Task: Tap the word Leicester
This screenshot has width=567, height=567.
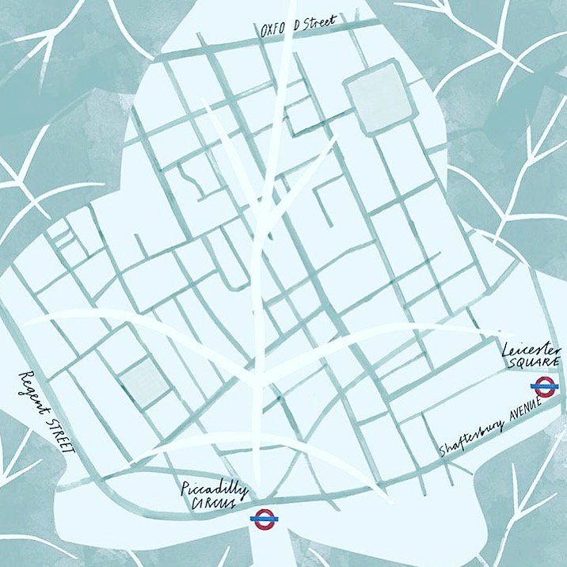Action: coord(531,350)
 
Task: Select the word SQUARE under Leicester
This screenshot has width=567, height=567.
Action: coord(535,363)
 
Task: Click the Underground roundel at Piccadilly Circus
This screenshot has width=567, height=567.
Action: coord(262,519)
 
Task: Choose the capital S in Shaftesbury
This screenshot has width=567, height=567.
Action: coord(443,451)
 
